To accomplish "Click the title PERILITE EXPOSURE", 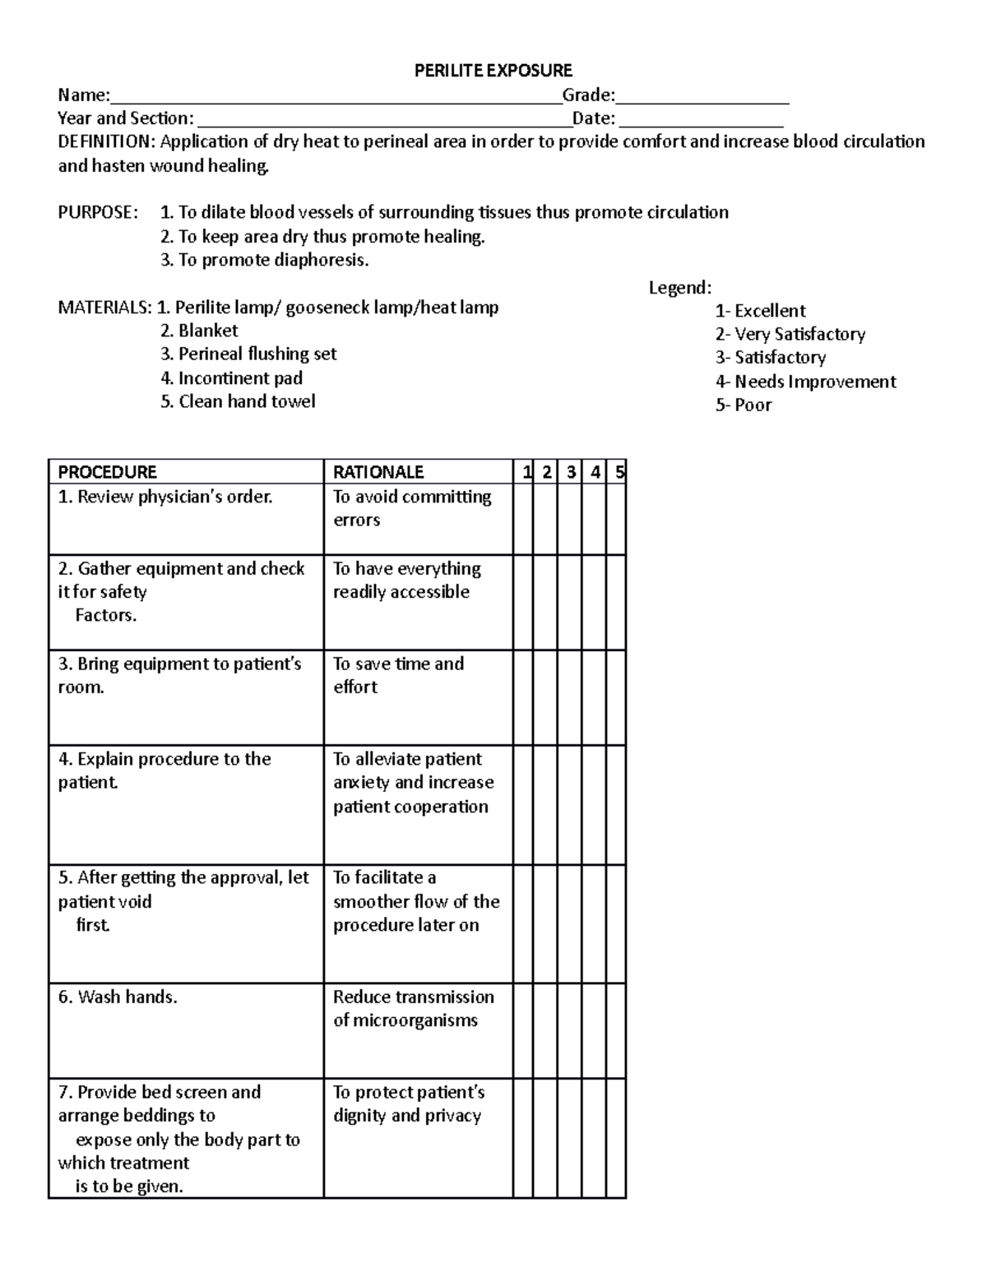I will click(493, 71).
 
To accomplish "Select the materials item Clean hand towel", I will click(246, 401).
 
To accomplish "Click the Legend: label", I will click(679, 288).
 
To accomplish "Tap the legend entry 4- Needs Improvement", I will click(805, 382).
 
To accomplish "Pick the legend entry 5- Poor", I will click(743, 405).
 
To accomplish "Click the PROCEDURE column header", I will click(107, 472).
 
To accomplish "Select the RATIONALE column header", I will click(378, 472).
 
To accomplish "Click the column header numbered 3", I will click(570, 472).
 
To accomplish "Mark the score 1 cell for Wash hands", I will click(523, 1030).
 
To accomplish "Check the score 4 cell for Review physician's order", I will click(595, 518).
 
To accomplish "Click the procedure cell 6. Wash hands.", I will click(118, 997).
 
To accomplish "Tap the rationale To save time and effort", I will click(398, 675).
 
